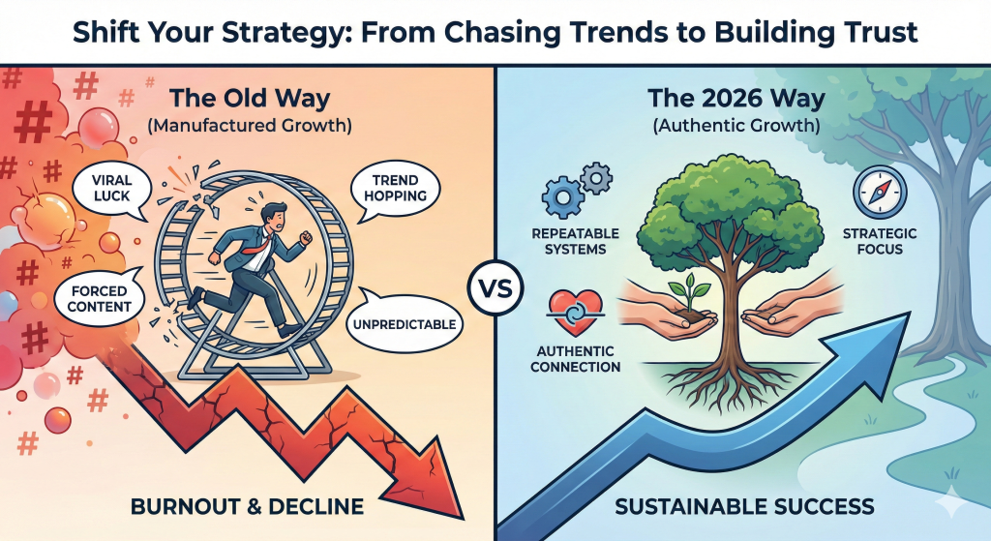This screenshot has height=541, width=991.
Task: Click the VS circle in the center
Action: click(x=495, y=288)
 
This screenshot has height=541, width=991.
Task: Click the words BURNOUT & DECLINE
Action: click(x=248, y=505)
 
